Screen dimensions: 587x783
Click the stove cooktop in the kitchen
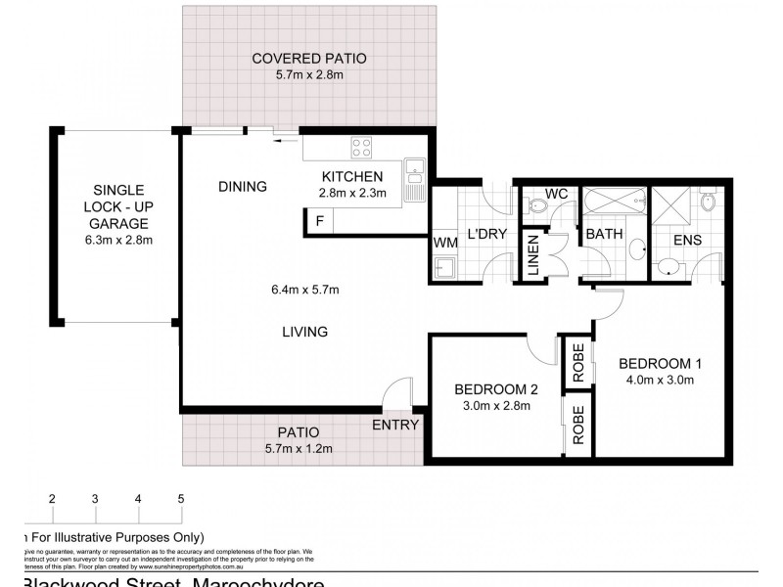coord(361,148)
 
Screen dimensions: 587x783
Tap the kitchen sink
coord(414,172)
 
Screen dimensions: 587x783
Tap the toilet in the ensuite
coord(710,201)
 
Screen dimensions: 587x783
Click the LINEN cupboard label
coord(535,258)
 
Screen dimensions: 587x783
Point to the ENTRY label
coord(395,425)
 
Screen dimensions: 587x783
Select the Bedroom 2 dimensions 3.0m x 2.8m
coord(498,405)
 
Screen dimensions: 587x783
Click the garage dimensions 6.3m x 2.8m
coord(117,239)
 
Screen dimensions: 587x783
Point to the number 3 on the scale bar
coord(95,499)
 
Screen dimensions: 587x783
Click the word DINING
coord(243,186)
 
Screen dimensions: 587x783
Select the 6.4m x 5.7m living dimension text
coord(306,289)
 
